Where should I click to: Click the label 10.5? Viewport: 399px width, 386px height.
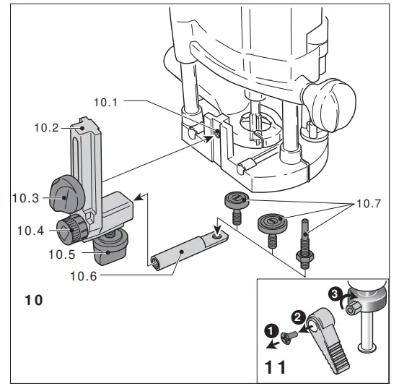coord(62,254)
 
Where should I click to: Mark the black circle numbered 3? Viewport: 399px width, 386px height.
coord(334,294)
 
